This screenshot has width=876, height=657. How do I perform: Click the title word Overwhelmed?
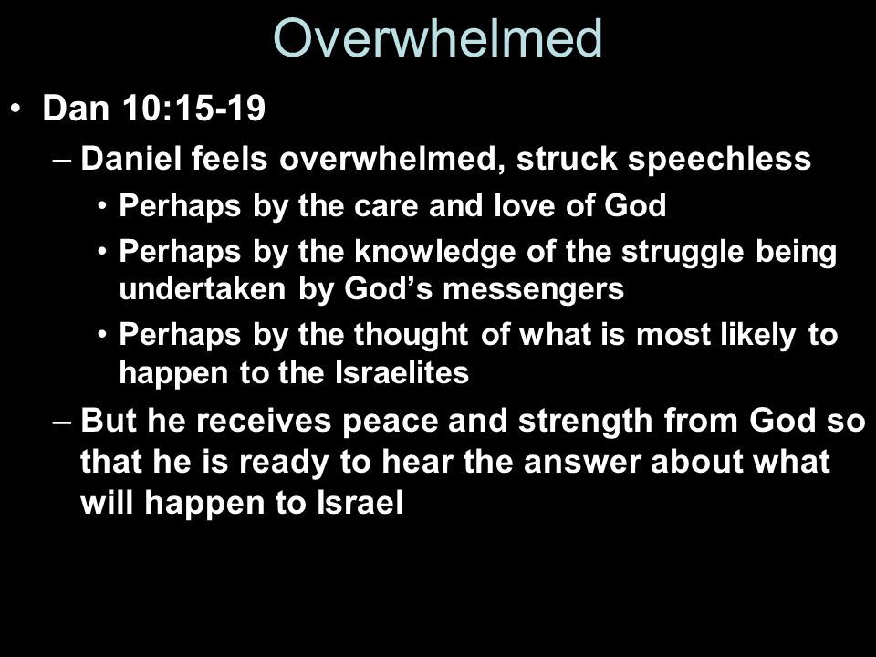coord(437,38)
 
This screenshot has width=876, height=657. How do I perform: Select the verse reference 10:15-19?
coord(193,108)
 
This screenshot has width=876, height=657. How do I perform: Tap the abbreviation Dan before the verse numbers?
coord(76,108)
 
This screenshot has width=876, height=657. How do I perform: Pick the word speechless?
coord(719,159)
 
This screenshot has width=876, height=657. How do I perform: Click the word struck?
coord(566,158)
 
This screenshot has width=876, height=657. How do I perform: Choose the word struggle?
coord(683,252)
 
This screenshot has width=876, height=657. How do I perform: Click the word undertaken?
coord(203,289)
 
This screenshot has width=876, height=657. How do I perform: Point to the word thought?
coord(411,335)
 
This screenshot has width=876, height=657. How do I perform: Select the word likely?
coord(757,335)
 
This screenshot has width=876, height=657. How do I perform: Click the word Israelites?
coord(401,372)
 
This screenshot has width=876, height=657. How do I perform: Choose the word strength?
coord(585,422)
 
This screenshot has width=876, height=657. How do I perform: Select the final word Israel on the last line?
coord(360,503)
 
